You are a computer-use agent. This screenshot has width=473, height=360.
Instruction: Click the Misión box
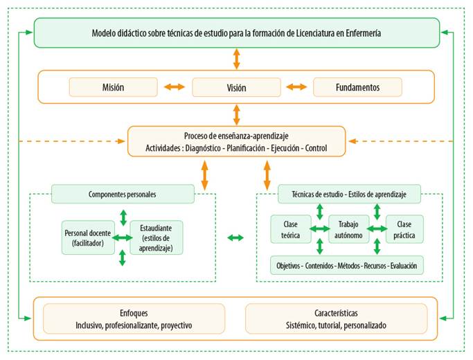pyautogui.click(x=113, y=87)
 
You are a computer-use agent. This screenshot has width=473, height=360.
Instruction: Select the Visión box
pyautogui.click(x=236, y=87)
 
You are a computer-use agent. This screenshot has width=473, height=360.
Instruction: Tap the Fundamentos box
pyautogui.click(x=357, y=87)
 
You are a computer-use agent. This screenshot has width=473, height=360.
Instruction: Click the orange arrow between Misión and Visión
pyautogui.click(x=175, y=87)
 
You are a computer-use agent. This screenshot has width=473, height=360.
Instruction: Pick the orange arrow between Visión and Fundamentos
pyautogui.click(x=296, y=87)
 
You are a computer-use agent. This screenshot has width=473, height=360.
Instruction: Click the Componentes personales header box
pyautogui.click(x=123, y=195)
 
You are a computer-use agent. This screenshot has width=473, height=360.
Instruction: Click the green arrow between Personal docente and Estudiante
pyautogui.click(x=123, y=237)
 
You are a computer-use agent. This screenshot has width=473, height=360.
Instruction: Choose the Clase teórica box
pyautogui.click(x=290, y=229)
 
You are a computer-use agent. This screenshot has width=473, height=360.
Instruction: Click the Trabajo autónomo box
pyautogui.click(x=348, y=229)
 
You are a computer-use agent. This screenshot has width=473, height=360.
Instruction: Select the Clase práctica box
pyautogui.click(x=404, y=229)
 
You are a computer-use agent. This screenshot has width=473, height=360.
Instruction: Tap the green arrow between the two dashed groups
pyautogui.click(x=235, y=237)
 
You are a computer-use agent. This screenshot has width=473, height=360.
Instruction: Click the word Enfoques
pyautogui.click(x=134, y=313)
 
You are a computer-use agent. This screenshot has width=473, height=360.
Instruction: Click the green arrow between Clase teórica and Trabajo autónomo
pyautogui.click(x=319, y=229)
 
